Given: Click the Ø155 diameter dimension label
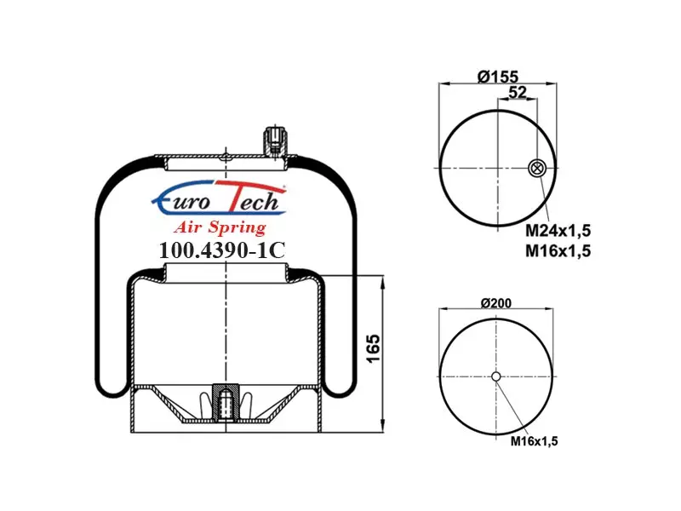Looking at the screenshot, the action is tap(498, 77).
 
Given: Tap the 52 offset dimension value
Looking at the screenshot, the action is tap(518, 92).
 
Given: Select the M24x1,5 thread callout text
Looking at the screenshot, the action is tap(558, 231).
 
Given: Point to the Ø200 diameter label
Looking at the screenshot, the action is tap(496, 302).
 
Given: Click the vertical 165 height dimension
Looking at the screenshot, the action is tap(373, 347).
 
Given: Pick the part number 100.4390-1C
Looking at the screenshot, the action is tap(222, 250).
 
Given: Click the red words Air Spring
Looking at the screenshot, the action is tap(220, 227).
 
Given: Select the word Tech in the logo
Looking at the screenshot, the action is tap(252, 198).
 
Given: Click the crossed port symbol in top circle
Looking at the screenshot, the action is tap(536, 168).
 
